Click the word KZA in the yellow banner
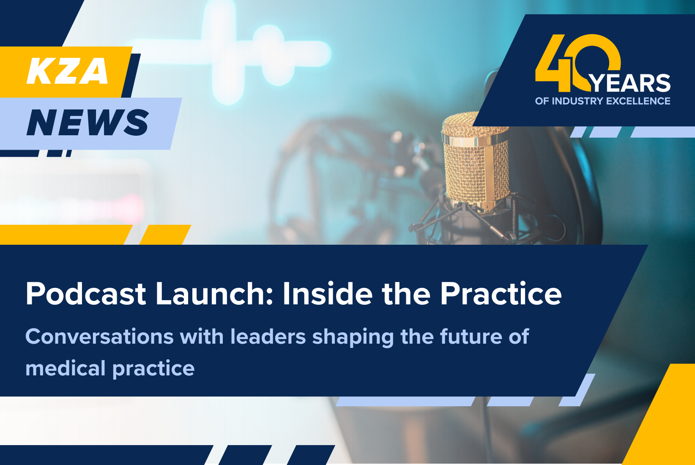(68, 71)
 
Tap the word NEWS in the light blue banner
(88, 123)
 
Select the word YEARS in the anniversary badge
(630, 83)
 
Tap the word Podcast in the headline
(86, 294)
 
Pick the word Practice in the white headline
(501, 294)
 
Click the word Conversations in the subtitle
(99, 337)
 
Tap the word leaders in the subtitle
(268, 337)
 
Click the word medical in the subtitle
(66, 368)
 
